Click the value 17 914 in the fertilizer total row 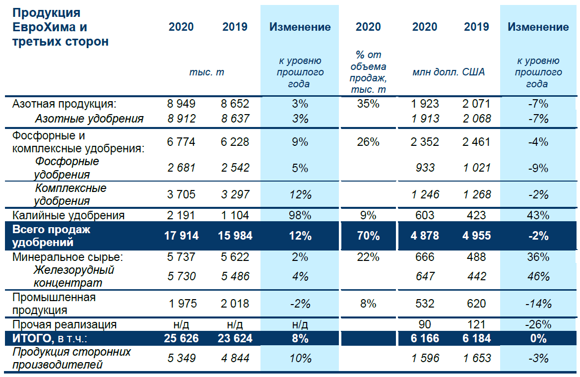point(181,236)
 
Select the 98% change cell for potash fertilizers point(300,215)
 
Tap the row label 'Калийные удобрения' point(68,215)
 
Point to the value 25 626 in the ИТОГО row point(181,338)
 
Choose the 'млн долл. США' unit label point(449,72)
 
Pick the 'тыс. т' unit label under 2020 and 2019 point(206,72)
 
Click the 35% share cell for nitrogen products point(368,104)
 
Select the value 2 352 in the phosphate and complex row point(425,142)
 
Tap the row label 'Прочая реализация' point(64,324)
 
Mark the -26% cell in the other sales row point(538,324)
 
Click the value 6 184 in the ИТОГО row point(477,338)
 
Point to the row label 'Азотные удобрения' point(89,119)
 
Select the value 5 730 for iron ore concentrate point(182,276)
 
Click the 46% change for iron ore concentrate point(538,276)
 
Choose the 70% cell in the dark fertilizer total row point(368,236)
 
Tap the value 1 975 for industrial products point(182,304)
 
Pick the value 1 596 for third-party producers point(425,358)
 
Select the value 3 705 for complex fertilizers point(182,194)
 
